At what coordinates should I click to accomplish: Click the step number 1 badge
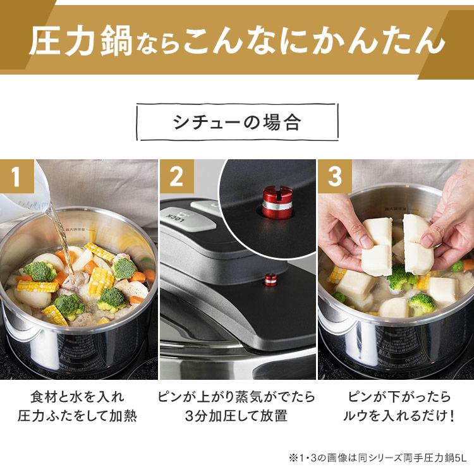click(x=16, y=176)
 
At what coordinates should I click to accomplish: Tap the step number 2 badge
click(x=177, y=176)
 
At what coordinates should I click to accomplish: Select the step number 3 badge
click(x=334, y=176)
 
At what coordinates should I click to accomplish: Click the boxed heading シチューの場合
click(x=237, y=122)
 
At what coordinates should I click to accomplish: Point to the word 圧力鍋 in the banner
click(x=81, y=41)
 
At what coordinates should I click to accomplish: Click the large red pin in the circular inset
click(x=277, y=202)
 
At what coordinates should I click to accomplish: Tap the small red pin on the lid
click(x=270, y=281)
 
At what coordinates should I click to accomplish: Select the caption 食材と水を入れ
click(x=77, y=397)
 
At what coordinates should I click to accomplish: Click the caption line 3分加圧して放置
click(x=236, y=416)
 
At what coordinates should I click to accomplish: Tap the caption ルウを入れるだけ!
click(x=399, y=416)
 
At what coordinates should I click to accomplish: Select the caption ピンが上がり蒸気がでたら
click(x=236, y=397)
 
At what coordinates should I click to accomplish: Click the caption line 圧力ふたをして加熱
click(x=77, y=416)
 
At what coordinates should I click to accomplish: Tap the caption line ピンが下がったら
click(x=399, y=397)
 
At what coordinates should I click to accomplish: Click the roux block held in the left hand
click(x=377, y=247)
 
